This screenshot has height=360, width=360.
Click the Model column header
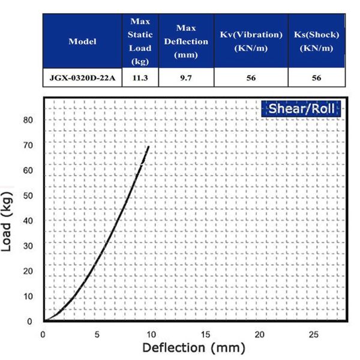click(x=83, y=41)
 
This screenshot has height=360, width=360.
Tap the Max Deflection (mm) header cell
click(x=185, y=41)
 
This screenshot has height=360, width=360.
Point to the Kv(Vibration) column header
click(x=250, y=41)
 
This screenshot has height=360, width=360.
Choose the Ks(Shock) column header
click(x=316, y=41)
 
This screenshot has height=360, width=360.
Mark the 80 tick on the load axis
click(x=29, y=120)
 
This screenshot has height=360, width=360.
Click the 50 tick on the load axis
click(x=29, y=196)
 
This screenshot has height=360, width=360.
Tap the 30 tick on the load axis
click(x=29, y=247)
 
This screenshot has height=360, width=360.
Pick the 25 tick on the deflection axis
click(x=314, y=334)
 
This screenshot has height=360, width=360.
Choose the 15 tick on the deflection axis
click(x=206, y=334)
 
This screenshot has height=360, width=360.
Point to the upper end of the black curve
click(x=148, y=146)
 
